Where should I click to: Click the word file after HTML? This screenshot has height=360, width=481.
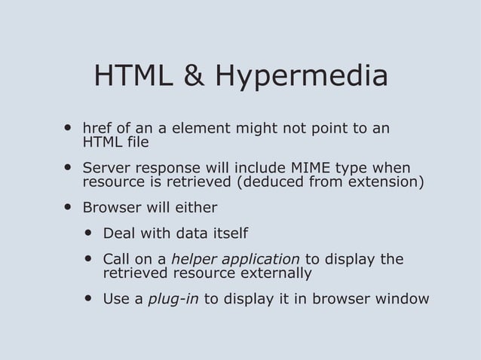tap(138, 142)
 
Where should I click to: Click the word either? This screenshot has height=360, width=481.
tap(198, 207)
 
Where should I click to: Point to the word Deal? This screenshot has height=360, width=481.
tap(119, 233)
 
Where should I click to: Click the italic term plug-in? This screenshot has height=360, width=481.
tap(173, 299)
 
